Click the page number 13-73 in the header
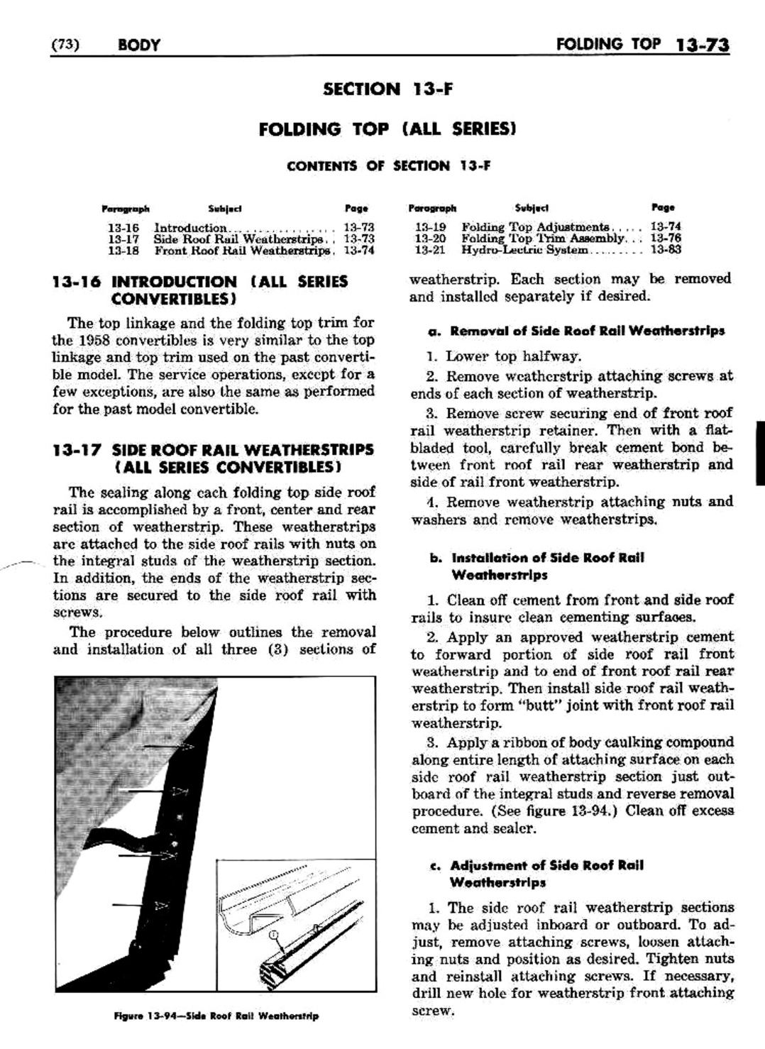pyautogui.click(x=703, y=46)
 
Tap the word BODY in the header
pyautogui.click(x=139, y=46)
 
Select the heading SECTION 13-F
pyautogui.click(x=387, y=89)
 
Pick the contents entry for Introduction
pyautogui.click(x=190, y=228)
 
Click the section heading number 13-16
pyautogui.click(x=78, y=282)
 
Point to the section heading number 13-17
pyautogui.click(x=78, y=450)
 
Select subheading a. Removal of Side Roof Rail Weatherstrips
pyautogui.click(x=577, y=331)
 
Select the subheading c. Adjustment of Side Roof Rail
pyautogui.click(x=536, y=865)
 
